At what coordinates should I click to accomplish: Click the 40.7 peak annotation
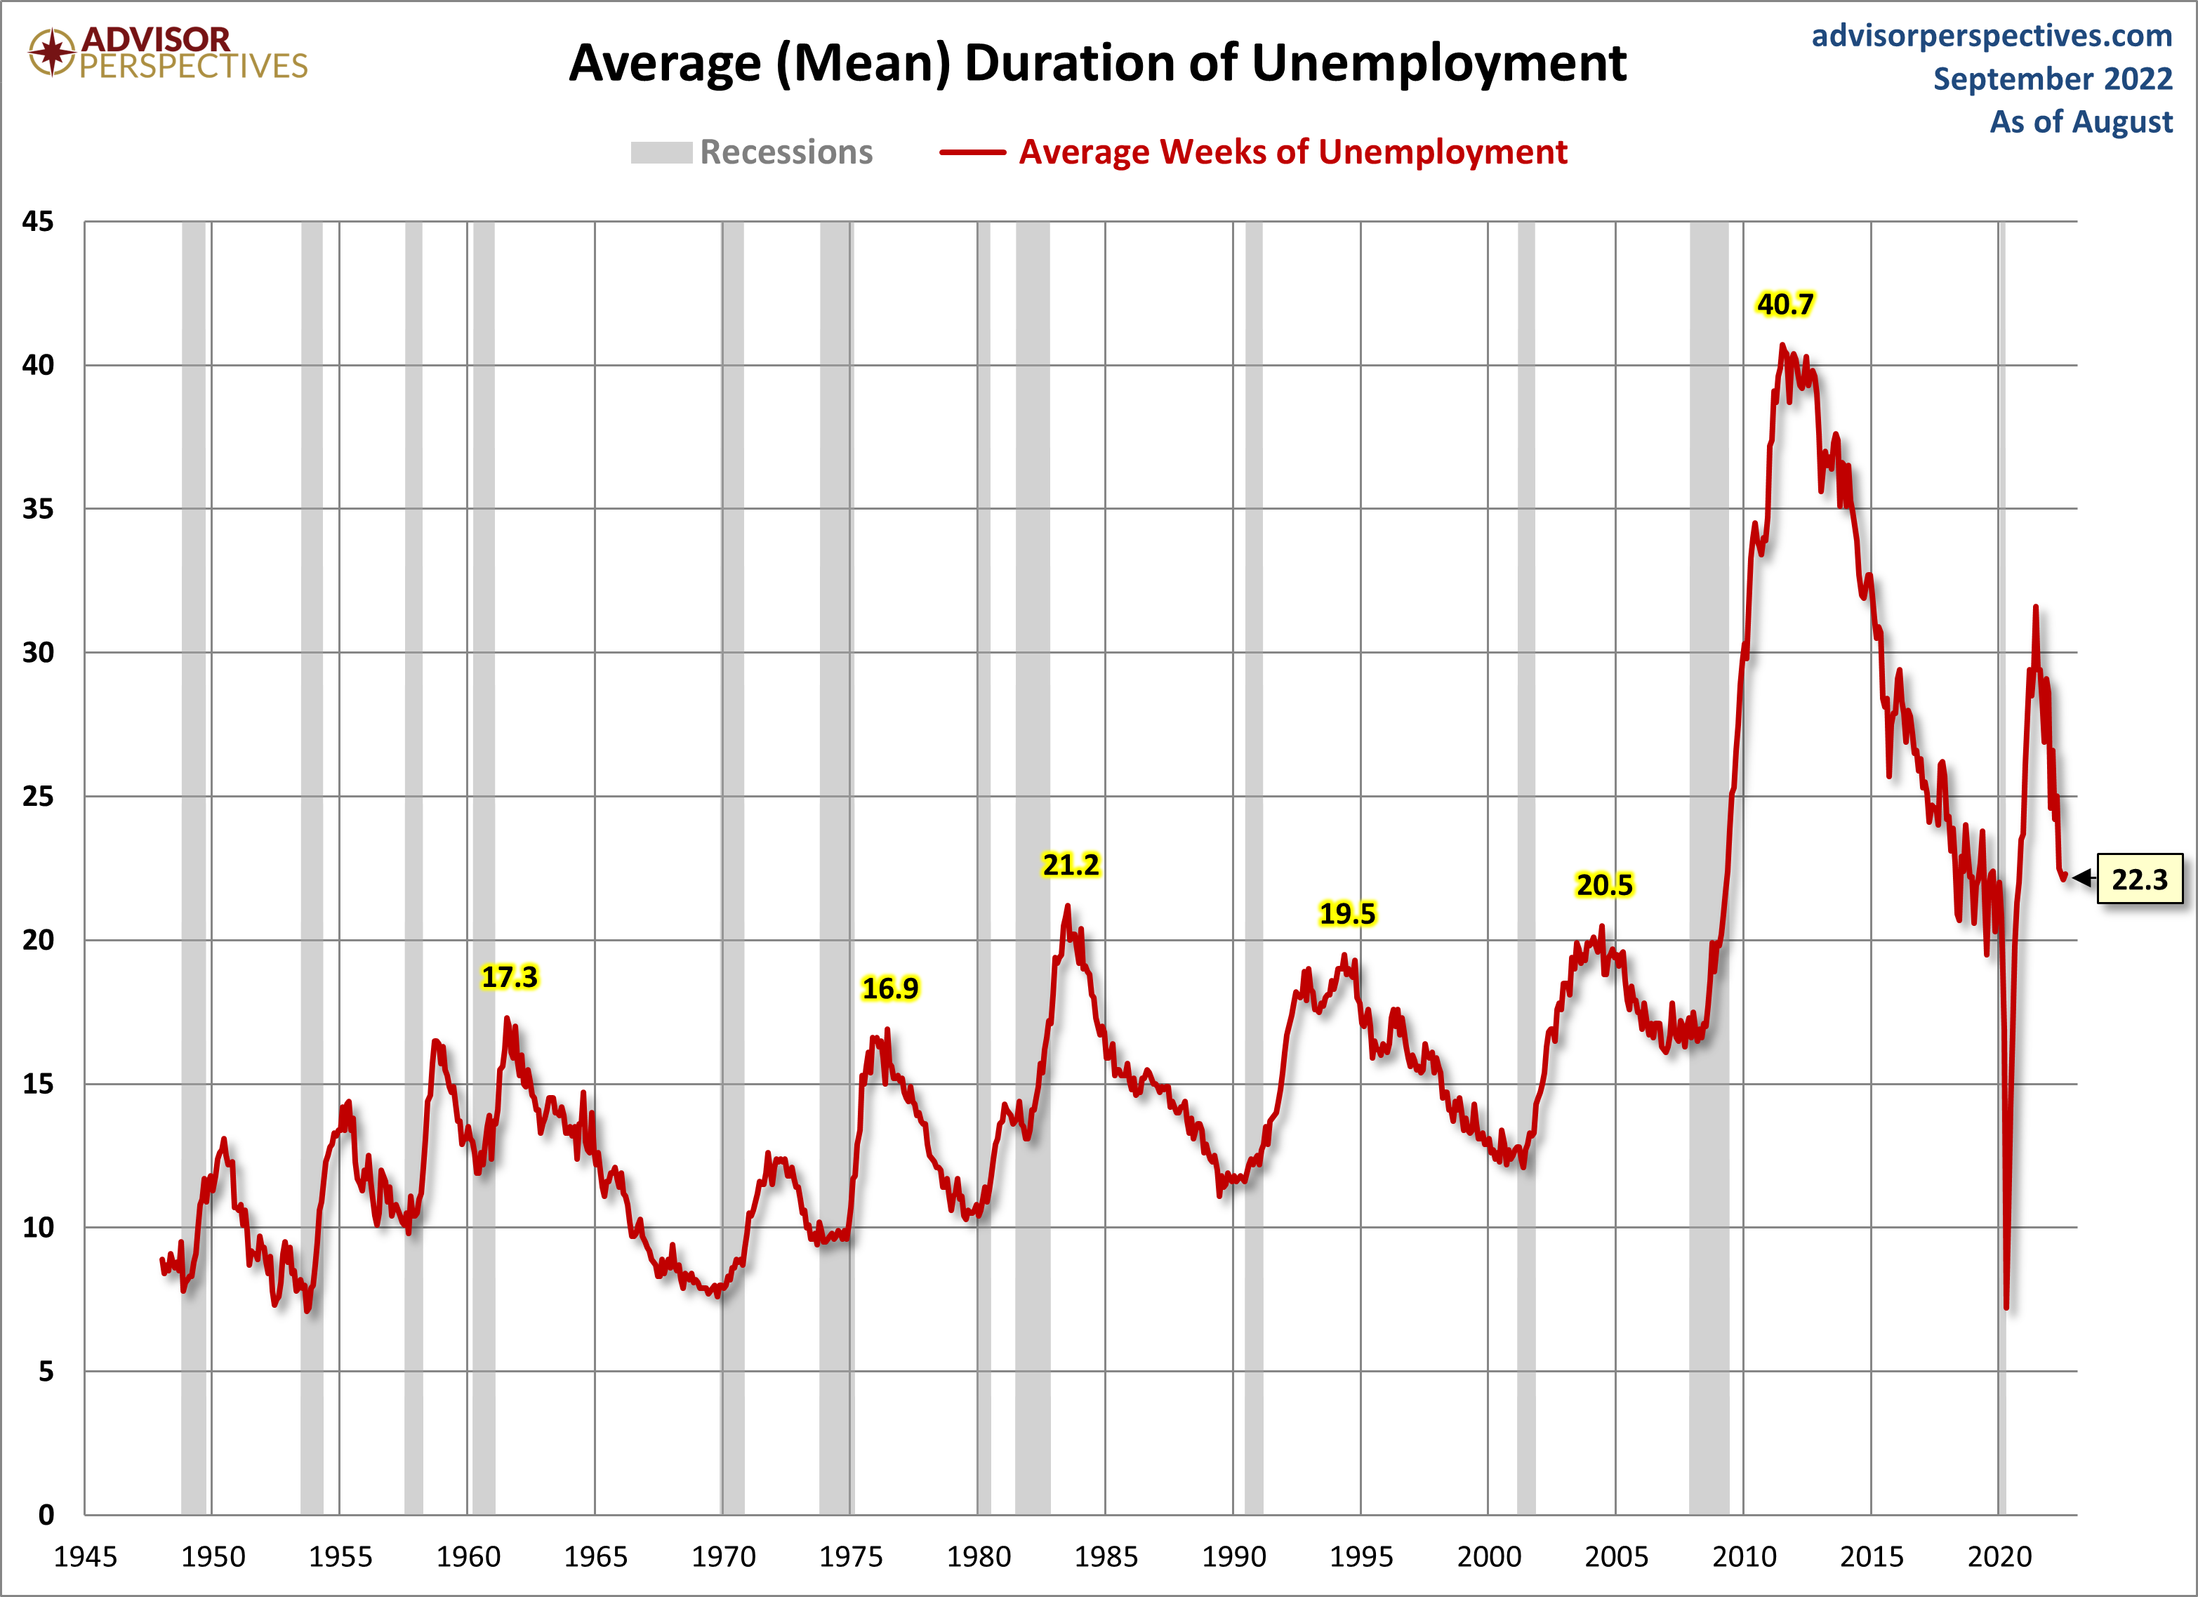pos(1785,304)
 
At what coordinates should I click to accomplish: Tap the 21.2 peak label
pos(1071,864)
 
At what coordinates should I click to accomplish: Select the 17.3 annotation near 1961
pos(510,977)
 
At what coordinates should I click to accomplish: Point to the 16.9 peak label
pos(889,988)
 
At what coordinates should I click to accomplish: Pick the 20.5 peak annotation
pos(1604,884)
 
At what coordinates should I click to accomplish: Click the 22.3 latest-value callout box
pos(2139,879)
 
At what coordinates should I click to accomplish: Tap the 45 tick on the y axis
pos(38,222)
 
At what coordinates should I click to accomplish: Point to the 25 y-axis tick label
pos(38,797)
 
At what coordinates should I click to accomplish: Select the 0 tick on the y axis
pos(46,1515)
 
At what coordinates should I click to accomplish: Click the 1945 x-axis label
pos(85,1557)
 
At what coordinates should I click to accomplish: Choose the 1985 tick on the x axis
pos(1106,1557)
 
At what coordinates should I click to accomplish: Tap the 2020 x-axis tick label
pos(1999,1557)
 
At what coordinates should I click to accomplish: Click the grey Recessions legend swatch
pos(661,152)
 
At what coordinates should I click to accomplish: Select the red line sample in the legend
pos(972,152)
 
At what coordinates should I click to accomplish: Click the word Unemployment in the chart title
pos(1438,64)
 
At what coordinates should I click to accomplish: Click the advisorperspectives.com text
pos(1992,36)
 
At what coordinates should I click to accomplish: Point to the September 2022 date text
pos(2053,79)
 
